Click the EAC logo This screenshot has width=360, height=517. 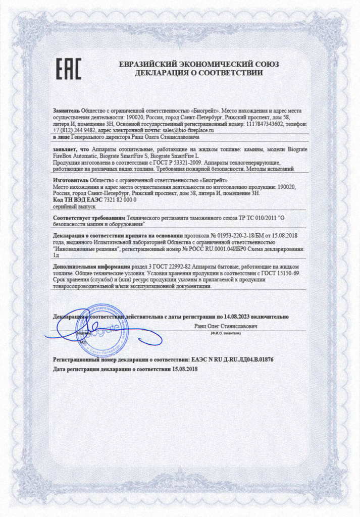click(x=68, y=69)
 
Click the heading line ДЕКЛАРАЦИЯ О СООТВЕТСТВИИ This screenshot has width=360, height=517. click(x=198, y=73)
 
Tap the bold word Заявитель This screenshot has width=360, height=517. click(x=66, y=110)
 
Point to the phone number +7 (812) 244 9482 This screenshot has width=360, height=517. click(x=74, y=130)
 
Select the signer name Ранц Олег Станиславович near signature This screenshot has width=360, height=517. click(x=226, y=327)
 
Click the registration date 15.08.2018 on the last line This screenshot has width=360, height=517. click(x=185, y=369)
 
